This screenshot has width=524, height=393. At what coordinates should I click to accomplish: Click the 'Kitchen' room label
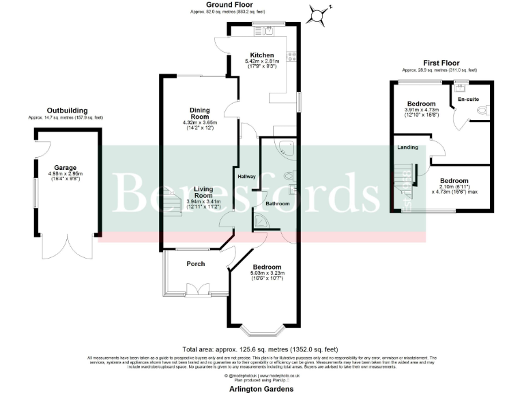262,55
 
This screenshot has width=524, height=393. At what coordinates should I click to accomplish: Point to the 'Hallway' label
246,177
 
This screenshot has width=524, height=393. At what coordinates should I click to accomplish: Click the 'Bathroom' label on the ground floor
278,204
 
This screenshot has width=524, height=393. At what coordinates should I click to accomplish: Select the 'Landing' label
407,147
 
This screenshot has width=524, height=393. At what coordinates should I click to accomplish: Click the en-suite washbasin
461,86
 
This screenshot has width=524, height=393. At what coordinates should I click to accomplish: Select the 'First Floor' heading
439,63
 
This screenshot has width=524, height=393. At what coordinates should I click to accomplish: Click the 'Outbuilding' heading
66,110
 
